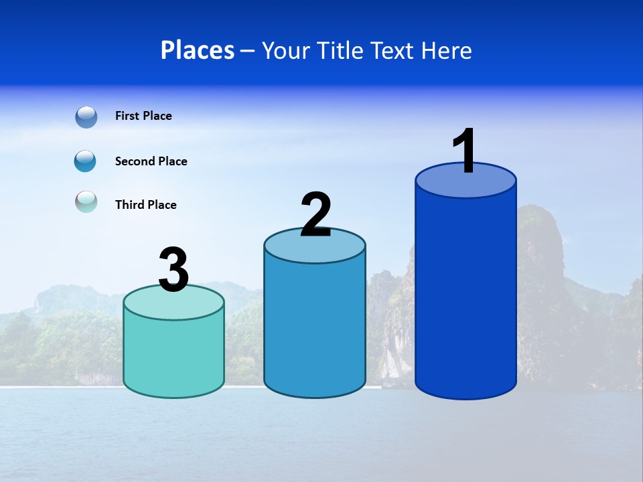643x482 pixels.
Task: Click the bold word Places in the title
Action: [x=198, y=50]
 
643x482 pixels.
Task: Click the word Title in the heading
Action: [x=341, y=50]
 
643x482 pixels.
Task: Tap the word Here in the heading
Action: [x=447, y=50]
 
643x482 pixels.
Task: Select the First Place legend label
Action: [x=143, y=116]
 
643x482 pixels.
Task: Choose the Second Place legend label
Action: [x=151, y=161]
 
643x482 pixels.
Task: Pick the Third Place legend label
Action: [x=146, y=205]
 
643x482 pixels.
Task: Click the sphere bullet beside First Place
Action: [x=86, y=116]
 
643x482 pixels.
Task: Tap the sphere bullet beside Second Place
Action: [x=86, y=161]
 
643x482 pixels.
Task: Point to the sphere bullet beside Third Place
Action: [x=86, y=202]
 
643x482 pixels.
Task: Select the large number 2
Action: [x=315, y=214]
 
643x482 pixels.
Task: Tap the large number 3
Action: [x=173, y=270]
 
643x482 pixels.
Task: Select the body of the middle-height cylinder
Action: [x=315, y=328]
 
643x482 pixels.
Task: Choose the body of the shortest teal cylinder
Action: [x=173, y=355]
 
